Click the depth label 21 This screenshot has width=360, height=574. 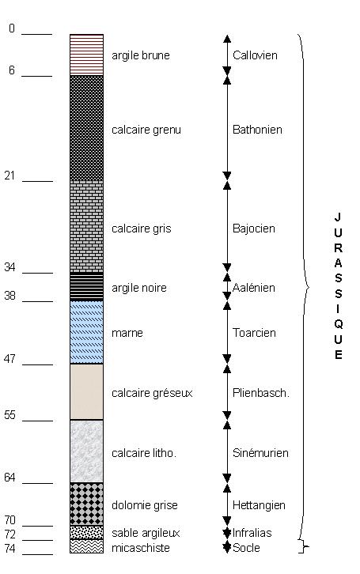pos(9,176)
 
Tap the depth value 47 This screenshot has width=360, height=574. pos(9,359)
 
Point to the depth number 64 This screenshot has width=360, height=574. pos(9,478)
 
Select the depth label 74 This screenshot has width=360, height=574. pos(9,549)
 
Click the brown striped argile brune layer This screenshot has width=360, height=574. pos(87,55)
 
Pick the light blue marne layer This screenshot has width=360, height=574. pos(87,332)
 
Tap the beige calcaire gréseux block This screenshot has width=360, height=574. pos(87,391)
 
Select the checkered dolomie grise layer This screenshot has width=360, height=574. pos(87,504)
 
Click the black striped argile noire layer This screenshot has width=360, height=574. pos(87,287)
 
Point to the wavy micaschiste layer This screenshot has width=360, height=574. pos(87,546)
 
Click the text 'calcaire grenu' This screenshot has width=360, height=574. pos(146,130)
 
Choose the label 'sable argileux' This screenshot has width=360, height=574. pos(146,533)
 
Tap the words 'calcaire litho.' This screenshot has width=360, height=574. pos(144,453)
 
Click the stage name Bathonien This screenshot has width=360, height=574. pos(257,130)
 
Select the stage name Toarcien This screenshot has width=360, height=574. pos(254,333)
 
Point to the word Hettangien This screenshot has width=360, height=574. pos(259,505)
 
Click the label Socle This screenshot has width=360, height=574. pos(246,548)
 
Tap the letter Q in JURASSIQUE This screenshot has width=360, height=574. pos(339,324)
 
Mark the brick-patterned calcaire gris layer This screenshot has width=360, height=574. pos(87,227)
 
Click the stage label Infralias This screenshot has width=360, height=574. pos(252,533)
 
